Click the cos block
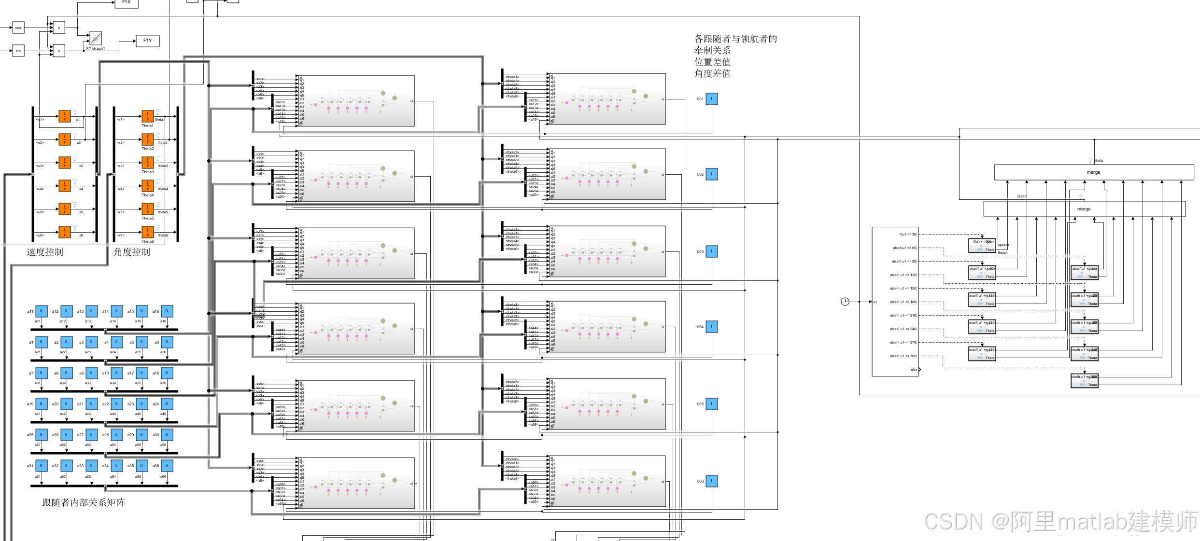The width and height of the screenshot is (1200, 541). coord(18,28)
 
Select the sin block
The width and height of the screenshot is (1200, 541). coord(18,51)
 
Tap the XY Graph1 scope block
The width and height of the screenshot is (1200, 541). coord(96,38)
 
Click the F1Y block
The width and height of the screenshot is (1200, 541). coord(147,41)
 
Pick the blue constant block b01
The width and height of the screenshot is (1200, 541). coord(712,99)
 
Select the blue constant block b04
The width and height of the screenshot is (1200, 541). coord(712,327)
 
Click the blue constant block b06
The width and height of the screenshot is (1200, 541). coord(712,481)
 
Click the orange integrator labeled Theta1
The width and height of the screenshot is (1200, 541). coord(148,116)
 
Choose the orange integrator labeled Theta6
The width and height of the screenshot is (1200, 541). coord(148,232)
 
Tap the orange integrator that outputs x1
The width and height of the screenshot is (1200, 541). coord(65,116)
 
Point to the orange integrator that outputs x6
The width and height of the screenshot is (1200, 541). coord(65,232)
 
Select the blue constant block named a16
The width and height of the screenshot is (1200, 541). coord(167,311)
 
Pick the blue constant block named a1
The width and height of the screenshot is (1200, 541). coord(42,342)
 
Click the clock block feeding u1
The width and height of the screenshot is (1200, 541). coord(845,302)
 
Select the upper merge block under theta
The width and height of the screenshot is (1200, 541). coord(1094,172)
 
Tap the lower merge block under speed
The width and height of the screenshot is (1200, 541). coord(1084,209)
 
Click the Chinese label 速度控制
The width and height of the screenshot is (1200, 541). coord(45,252)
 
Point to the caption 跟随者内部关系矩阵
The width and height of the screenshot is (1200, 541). coord(84,502)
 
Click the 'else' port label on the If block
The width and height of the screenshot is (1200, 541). coord(914,370)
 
